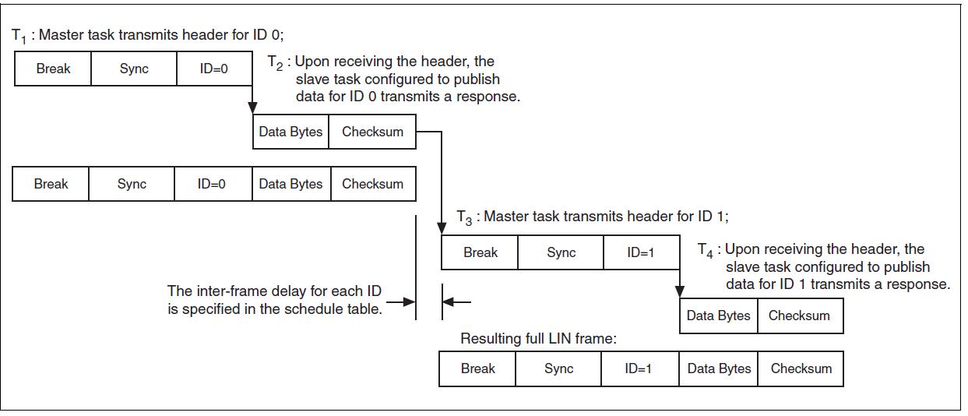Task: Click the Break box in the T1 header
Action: (53, 69)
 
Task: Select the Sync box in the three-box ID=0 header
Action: (134, 69)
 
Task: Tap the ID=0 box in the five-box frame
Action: (211, 185)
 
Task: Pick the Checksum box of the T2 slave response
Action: (372, 132)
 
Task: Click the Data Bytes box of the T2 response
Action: (290, 132)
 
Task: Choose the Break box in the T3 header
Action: (480, 252)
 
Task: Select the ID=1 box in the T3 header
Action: (639, 252)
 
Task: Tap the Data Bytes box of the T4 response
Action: (718, 316)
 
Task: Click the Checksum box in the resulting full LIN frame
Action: (801, 368)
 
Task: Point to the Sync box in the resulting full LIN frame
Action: (558, 368)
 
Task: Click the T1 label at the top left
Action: (19, 36)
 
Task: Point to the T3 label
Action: (464, 217)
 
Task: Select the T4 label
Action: (706, 250)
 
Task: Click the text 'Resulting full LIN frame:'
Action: (538, 339)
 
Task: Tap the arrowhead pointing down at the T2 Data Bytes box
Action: (252, 108)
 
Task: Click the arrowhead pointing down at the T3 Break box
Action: (442, 229)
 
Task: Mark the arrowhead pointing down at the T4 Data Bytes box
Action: (680, 292)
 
